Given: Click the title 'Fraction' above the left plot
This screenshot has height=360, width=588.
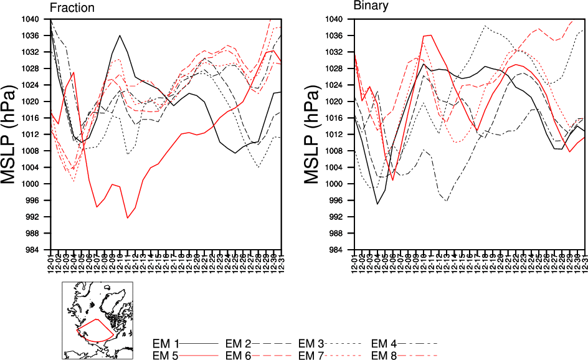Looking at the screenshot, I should coord(72,8).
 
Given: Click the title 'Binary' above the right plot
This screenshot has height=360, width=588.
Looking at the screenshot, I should coord(371,6).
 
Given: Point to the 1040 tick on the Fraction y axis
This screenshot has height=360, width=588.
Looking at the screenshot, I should coord(39,19).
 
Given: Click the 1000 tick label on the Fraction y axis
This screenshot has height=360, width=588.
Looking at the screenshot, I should coord(39,184).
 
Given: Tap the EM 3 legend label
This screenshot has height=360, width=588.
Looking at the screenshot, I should coord(311,343).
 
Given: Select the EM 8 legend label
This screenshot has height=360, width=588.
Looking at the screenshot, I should coord(384,355).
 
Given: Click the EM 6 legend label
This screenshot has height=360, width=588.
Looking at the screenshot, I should coord(238,355).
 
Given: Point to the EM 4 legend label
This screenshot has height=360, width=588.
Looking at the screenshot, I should coord(384,343).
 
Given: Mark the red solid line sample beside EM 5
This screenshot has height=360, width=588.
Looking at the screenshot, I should coord(200,355).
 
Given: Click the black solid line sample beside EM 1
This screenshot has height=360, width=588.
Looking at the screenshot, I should coord(200,343).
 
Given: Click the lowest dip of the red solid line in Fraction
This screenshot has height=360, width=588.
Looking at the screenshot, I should coord(127,217).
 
